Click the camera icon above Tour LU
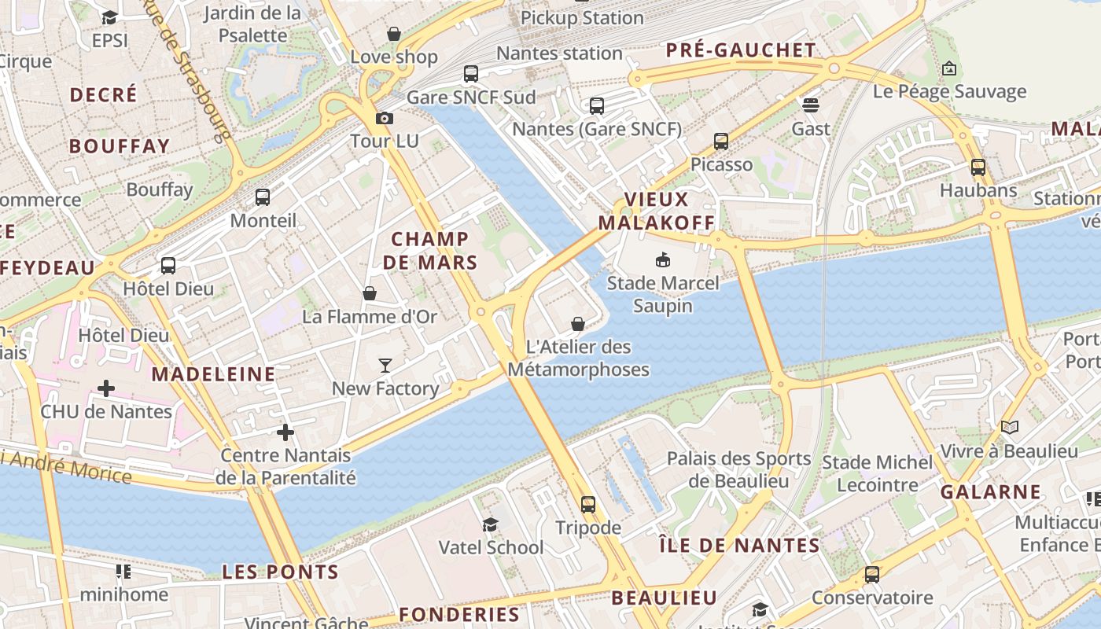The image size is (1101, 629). coord(384,118)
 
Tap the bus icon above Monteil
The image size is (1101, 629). coord(263,197)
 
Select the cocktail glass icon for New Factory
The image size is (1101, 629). coord(385,365)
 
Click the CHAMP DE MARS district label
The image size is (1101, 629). coord(430,251)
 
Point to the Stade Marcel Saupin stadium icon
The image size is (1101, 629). coord(662,259)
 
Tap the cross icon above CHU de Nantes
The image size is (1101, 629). coord(106,388)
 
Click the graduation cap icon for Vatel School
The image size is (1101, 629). coord(491,524)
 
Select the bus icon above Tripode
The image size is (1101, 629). coord(588,504)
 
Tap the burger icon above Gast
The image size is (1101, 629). coord(811,105)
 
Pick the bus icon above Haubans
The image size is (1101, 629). coord(978,167)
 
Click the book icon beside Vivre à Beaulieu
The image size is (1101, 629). coord(1010,428)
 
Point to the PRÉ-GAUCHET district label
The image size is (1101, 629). coord(741,50)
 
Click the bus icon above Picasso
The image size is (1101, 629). coord(721,142)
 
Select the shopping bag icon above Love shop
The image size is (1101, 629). coord(394,34)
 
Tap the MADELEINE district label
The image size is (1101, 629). coord(213,374)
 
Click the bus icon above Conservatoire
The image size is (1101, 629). coord(872,575)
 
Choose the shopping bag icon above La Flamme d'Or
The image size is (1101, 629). coord(370,293)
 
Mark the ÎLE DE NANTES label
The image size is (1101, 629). coord(738,545)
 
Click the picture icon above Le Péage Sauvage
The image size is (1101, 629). coord(949,68)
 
